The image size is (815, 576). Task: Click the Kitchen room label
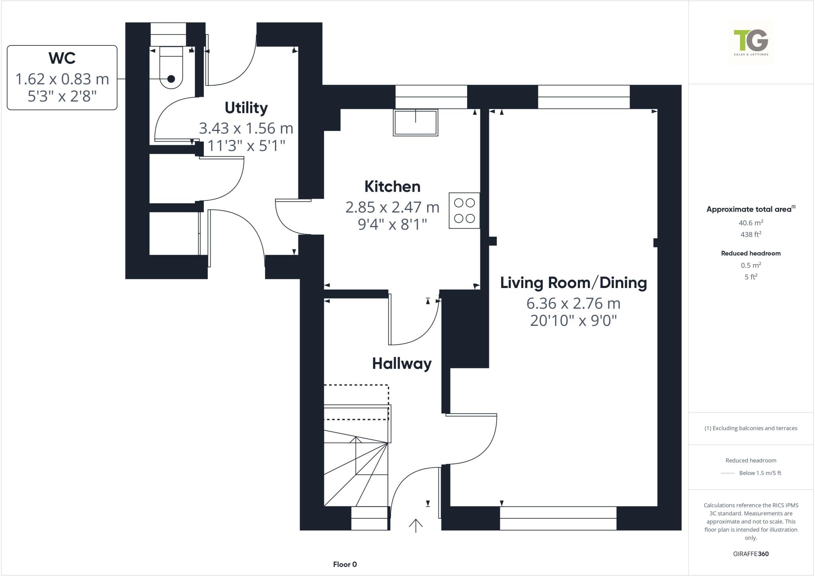392,186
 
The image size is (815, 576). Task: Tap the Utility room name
246,108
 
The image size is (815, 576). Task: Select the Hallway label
402,364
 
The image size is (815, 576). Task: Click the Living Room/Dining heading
573,283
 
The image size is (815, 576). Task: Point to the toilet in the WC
171,67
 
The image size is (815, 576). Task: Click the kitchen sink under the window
415,122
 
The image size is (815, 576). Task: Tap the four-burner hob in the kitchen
464,211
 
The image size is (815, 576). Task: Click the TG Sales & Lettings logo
751,42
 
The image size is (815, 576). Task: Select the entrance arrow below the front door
415,526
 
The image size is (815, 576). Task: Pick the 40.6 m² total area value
751,223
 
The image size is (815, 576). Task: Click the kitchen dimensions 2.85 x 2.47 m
392,207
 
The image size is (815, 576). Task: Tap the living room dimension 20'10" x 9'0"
573,320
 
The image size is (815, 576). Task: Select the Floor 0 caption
345,564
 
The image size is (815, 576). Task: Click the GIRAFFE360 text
751,554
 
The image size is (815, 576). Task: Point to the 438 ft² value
751,234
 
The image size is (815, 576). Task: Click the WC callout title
62,58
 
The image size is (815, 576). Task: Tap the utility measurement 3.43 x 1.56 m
246,128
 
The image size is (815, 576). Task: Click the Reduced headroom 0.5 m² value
751,265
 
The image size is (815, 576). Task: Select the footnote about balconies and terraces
751,428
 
